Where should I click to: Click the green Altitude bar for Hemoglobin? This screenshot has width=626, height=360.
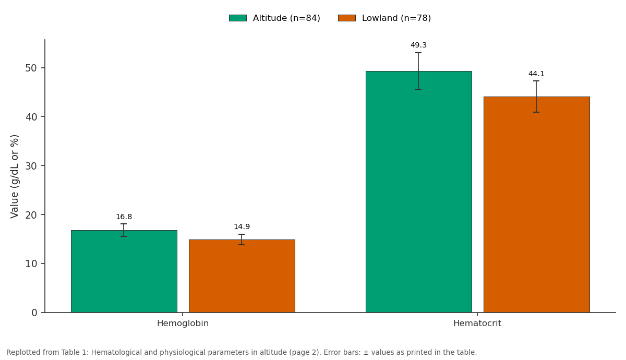[x=124, y=271]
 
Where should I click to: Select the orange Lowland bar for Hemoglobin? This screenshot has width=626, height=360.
[x=242, y=276]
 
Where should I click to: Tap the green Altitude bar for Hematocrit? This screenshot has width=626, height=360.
[x=419, y=192]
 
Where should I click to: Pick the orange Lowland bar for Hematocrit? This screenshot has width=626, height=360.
[x=537, y=205]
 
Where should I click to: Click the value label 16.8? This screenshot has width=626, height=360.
[x=124, y=217]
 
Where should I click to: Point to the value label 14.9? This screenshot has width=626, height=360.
[x=242, y=226]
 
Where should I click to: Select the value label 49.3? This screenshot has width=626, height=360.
[x=418, y=45]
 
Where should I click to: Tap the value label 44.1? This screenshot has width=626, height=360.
[x=537, y=74]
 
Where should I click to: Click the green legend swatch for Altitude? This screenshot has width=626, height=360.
[x=238, y=18]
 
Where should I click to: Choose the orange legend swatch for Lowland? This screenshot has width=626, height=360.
[x=347, y=18]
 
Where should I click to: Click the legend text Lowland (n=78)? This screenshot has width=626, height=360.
[x=396, y=18]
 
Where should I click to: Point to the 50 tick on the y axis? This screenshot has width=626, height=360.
[x=43, y=68]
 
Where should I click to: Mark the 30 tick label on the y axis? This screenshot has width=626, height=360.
[x=31, y=166]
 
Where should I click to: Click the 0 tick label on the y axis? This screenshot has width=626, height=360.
[x=34, y=313]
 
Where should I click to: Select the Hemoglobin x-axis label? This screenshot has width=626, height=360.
[x=183, y=323]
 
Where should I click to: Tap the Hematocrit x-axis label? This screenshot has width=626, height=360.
[x=477, y=323]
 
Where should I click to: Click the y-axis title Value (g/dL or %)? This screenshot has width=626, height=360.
[x=14, y=177]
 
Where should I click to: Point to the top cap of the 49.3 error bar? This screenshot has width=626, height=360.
[x=418, y=53]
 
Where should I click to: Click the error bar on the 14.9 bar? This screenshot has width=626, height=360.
[x=242, y=239]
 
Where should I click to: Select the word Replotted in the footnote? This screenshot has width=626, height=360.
[x=23, y=353]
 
